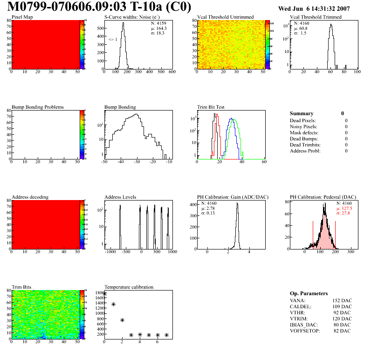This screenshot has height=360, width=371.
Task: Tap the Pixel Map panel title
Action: pos(22,17)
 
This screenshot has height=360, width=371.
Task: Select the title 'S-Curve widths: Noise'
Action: pos(131,17)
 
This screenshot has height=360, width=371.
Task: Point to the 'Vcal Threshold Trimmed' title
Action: pos(316,17)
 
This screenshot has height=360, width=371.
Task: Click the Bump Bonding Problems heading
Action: pos(38,107)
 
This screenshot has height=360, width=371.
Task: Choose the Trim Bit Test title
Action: pos(211,107)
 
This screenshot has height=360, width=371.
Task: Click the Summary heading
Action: pos(302,114)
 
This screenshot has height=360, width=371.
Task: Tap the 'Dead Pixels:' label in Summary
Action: pos(303,121)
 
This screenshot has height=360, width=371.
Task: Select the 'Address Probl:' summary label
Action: pos(305,151)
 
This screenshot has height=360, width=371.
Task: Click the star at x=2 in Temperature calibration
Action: pos(122,320)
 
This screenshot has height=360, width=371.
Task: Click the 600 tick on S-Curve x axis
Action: pos(172,72)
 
